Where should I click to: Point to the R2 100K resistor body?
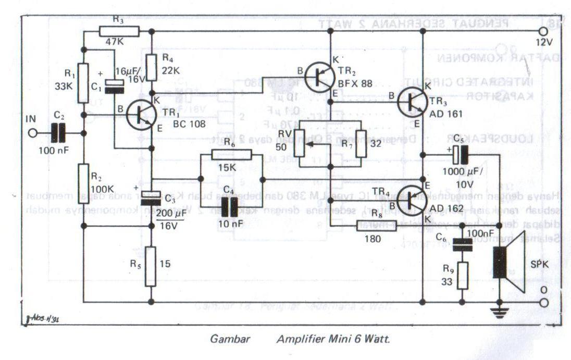[83, 183]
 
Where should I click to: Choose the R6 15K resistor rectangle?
[231, 154]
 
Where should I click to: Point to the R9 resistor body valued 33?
[462, 276]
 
